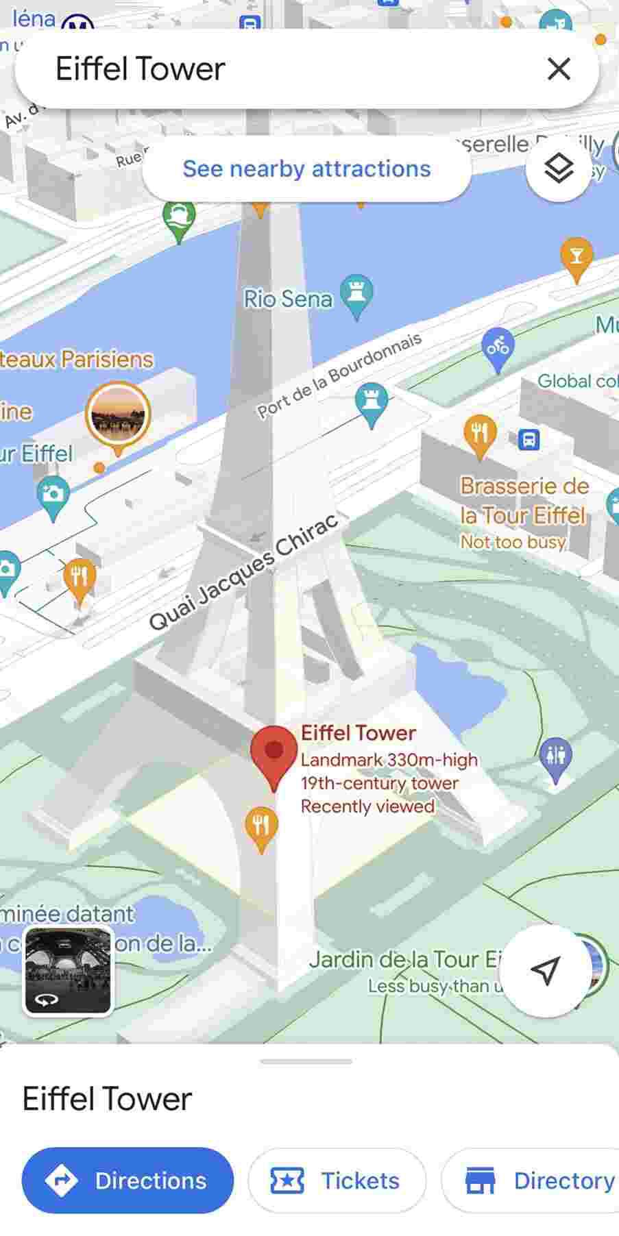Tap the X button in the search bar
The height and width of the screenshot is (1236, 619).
coord(559,69)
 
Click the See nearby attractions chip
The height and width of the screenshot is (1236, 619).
coord(306,169)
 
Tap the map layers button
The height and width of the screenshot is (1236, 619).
coord(558,168)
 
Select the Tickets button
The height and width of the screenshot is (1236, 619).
coord(337,1181)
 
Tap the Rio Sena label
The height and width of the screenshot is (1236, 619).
coord(288,299)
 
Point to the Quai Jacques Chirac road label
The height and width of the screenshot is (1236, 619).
coord(243,571)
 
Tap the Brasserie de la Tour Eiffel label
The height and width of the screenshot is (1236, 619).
coord(524,501)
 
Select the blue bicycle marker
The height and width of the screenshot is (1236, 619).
coord(498,347)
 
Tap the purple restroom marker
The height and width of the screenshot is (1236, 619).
coord(555,757)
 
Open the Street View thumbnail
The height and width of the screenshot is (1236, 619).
coord(68,970)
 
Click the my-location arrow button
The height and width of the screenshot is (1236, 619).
coord(545,970)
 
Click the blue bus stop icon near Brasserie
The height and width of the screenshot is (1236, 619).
coord(529,439)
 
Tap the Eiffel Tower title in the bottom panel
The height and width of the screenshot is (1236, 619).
coord(108,1099)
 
